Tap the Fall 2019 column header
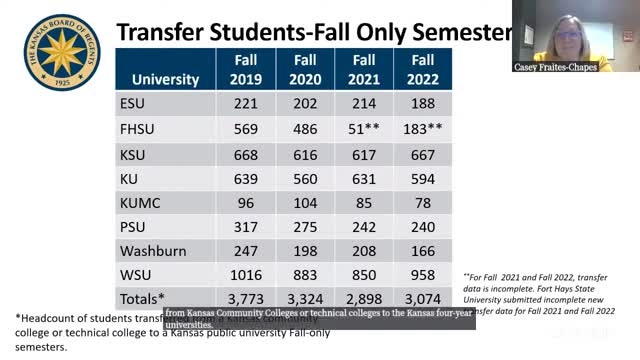pyautogui.click(x=244, y=68)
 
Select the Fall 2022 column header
pyautogui.click(x=422, y=68)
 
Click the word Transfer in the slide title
pyautogui.click(x=166, y=33)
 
